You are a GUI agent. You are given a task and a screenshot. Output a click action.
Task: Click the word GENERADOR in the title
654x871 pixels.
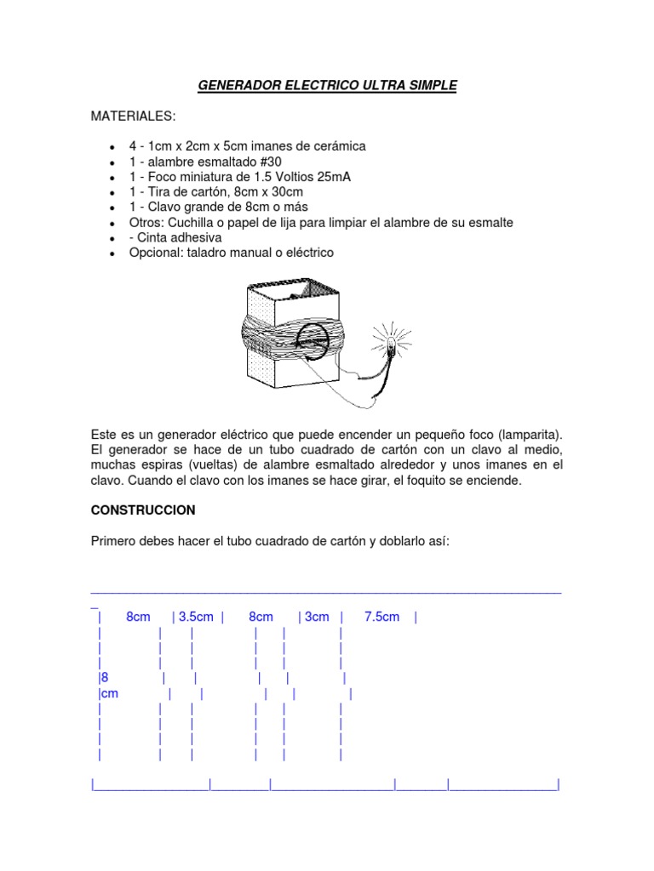point(236,85)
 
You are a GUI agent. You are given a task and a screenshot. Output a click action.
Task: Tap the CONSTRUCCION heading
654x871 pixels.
point(143,510)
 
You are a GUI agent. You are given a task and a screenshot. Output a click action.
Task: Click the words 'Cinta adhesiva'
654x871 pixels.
point(175,238)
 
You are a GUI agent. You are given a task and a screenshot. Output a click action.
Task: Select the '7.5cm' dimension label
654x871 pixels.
point(381,618)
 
